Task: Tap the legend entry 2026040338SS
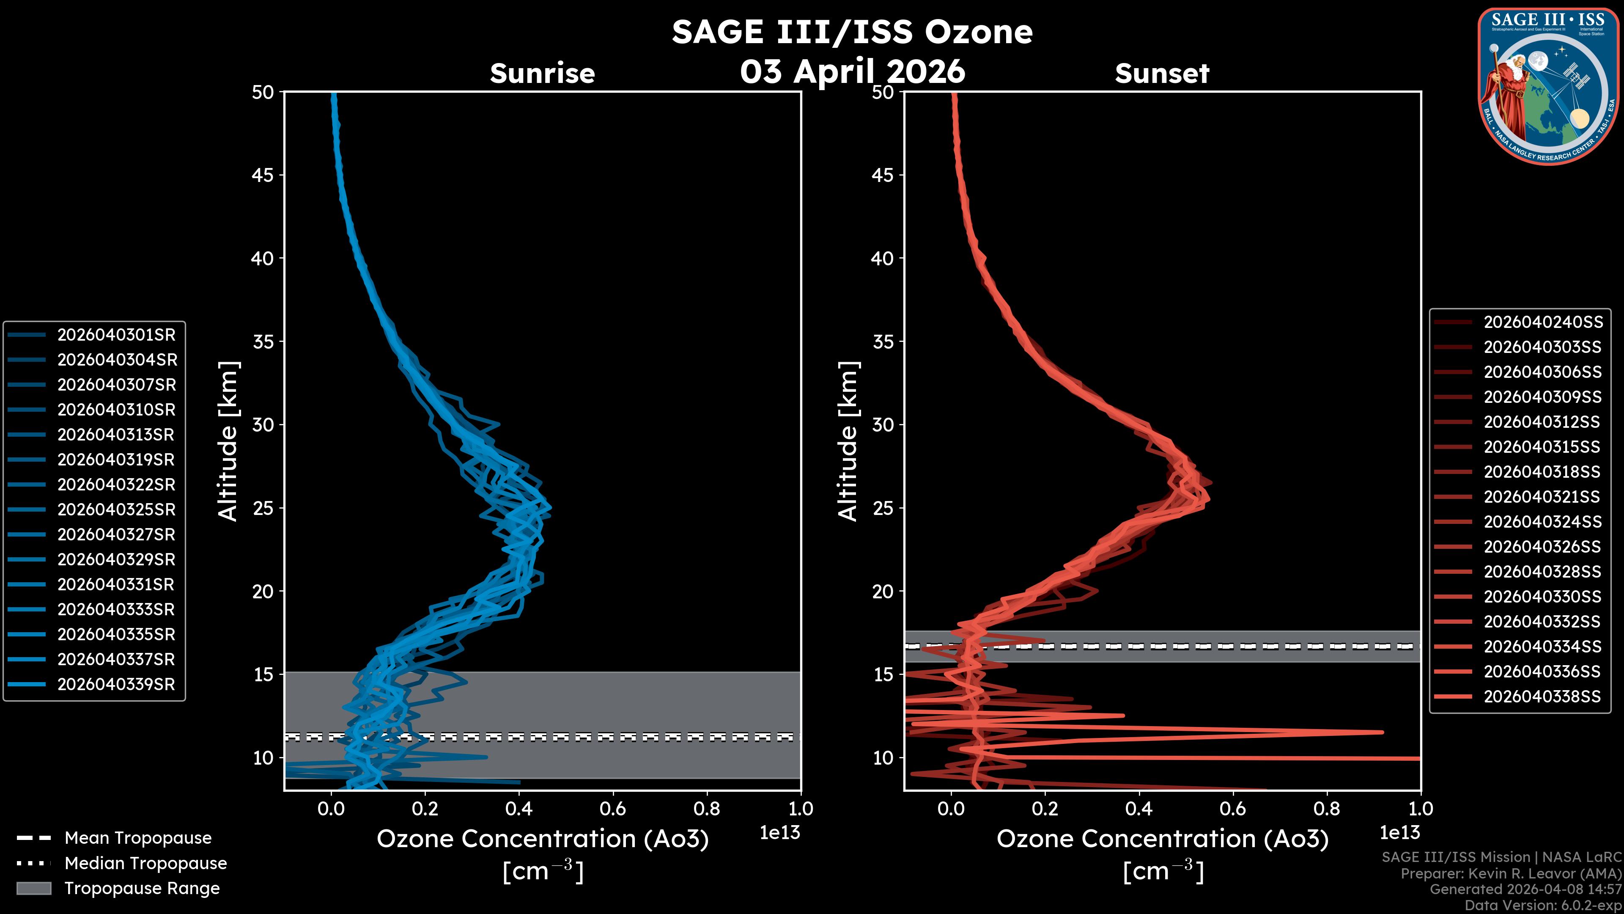1542,697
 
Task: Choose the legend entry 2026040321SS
1542,497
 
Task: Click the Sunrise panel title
542,74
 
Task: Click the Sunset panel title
1162,74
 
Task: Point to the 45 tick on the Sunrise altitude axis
263,175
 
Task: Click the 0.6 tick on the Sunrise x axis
613,809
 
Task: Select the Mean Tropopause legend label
138,838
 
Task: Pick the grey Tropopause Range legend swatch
33,888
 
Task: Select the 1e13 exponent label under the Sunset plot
1399,833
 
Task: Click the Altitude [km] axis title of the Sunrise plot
228,441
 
